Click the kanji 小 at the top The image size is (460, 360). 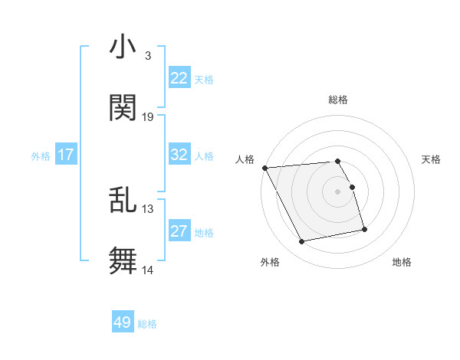pyautogui.click(x=123, y=47)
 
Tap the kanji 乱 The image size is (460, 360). pyautogui.click(x=123, y=200)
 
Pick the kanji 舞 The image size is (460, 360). pyautogui.click(x=123, y=260)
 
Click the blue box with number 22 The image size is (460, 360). pyautogui.click(x=179, y=78)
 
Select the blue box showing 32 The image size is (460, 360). pyautogui.click(x=179, y=155)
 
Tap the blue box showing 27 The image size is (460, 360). pyautogui.click(x=179, y=231)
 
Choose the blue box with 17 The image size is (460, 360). pyautogui.click(x=66, y=155)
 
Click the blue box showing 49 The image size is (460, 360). pyautogui.click(x=123, y=322)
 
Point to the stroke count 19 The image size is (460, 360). pyautogui.click(x=148, y=117)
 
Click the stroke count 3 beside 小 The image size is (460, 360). pyautogui.click(x=147, y=56)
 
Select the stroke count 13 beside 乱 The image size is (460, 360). pyautogui.click(x=148, y=209)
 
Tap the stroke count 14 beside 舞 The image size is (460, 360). pyautogui.click(x=148, y=270)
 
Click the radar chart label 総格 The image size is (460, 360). pyautogui.click(x=338, y=100)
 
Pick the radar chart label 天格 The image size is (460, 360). pyautogui.click(x=431, y=159)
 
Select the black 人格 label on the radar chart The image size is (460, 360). pyautogui.click(x=245, y=159)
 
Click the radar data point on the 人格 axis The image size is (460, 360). pyautogui.click(x=264, y=168)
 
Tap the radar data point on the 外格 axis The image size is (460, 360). pyautogui.click(x=302, y=242)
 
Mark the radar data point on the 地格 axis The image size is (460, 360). pyautogui.click(x=364, y=229)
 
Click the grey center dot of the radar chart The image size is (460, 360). pyautogui.click(x=338, y=191)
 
